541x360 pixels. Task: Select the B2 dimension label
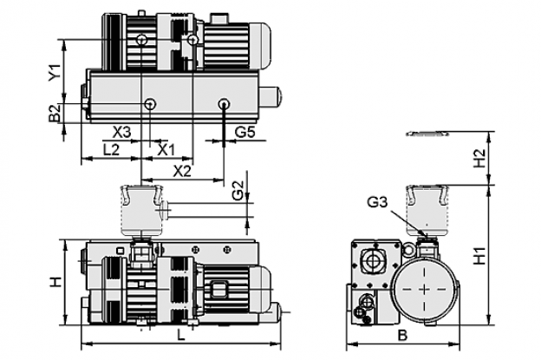(55, 114)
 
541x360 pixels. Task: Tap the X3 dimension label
(122, 132)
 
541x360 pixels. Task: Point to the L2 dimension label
(112, 150)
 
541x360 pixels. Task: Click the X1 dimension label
(166, 150)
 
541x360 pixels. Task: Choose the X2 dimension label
(182, 171)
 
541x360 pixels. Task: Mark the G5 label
(244, 132)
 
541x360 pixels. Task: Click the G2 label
(238, 191)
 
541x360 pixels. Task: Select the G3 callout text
(377, 202)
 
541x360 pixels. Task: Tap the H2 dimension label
(479, 158)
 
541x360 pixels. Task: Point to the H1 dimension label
(479, 256)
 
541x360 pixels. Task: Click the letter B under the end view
(402, 335)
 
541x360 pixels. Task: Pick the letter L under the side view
(181, 335)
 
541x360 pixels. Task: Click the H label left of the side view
(55, 282)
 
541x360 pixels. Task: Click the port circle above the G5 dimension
(225, 103)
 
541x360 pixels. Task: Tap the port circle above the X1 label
(150, 103)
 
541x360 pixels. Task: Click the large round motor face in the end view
(424, 289)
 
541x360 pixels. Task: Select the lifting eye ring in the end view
(408, 250)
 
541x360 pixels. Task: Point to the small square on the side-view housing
(120, 250)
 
